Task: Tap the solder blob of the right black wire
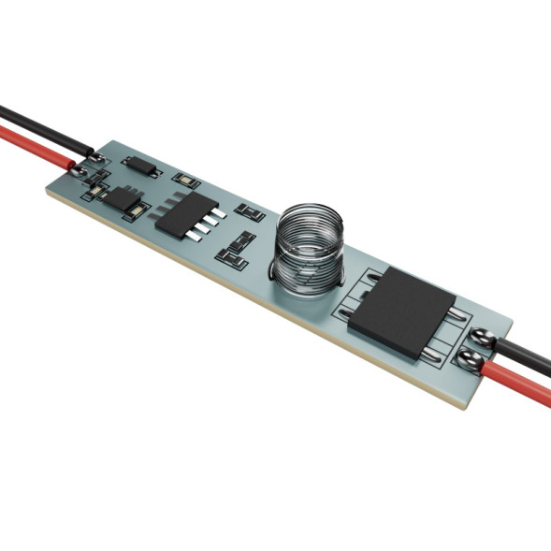tap(484, 340)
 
